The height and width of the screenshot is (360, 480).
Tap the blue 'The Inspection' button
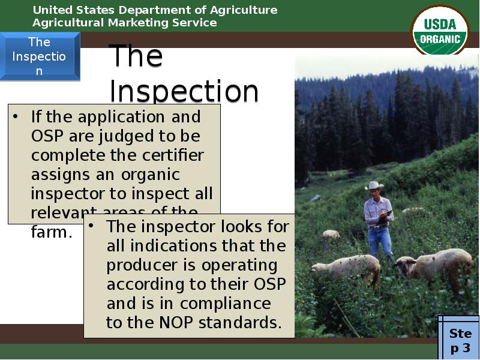point(40,56)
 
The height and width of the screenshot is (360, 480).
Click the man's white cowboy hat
point(374,185)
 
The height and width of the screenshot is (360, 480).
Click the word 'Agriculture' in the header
point(246,10)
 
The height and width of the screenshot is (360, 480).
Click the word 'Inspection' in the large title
point(184,92)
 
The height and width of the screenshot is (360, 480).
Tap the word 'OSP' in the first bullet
point(47,136)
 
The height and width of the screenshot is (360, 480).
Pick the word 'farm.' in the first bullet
point(52,232)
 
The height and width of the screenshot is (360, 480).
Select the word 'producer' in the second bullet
point(140,265)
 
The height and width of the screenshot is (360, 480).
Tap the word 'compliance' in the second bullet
point(225,304)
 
